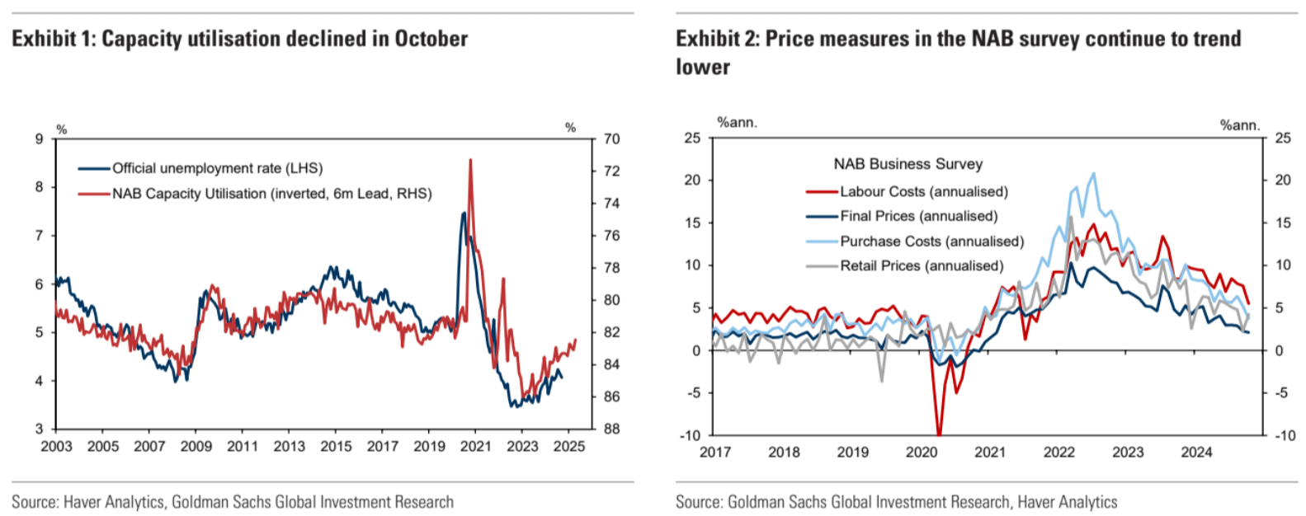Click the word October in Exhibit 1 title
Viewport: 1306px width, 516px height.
tap(431, 39)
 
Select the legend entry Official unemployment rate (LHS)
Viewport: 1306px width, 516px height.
tap(217, 168)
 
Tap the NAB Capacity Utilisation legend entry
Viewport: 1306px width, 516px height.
tap(271, 194)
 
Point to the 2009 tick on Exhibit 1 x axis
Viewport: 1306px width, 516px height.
tap(196, 446)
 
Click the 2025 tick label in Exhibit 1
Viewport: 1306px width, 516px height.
tap(569, 446)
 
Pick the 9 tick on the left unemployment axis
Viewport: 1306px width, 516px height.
tap(39, 139)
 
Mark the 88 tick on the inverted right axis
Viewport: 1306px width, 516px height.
tap(611, 429)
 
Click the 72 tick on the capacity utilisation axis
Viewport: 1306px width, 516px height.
tap(611, 171)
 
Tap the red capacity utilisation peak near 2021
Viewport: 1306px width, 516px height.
tap(470, 160)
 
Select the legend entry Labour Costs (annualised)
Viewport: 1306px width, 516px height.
tap(923, 191)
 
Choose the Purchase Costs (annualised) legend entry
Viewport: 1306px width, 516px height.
tap(931, 242)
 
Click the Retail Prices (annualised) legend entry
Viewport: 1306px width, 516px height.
tap(922, 266)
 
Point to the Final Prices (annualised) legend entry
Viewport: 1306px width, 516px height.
tap(918, 216)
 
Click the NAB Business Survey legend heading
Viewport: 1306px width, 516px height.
tap(908, 164)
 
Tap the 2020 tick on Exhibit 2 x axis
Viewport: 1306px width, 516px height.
tap(922, 452)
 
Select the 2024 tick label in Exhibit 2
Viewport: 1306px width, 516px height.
tap(1196, 452)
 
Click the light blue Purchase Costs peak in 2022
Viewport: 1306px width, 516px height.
tap(1094, 173)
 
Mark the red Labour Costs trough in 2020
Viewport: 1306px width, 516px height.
tap(939, 434)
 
